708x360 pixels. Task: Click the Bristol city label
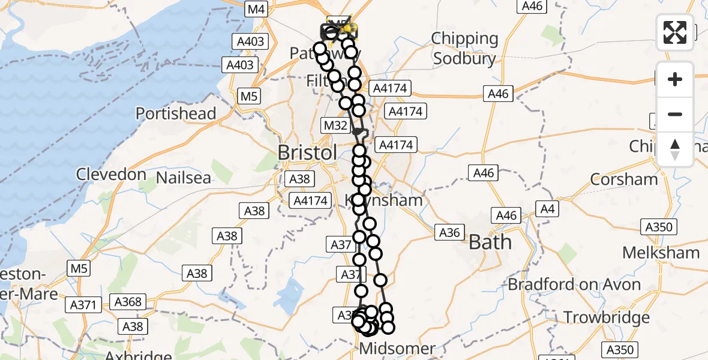[x=307, y=152]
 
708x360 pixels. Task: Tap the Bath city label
[x=490, y=242]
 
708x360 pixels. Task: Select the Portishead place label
[x=175, y=113]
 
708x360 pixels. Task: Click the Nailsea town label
[x=184, y=178]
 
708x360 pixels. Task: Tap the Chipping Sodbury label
[x=465, y=49]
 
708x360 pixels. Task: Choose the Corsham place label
[x=624, y=179]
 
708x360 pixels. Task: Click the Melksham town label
[x=661, y=253]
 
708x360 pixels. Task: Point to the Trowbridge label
[x=607, y=317]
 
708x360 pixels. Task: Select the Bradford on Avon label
[x=574, y=284]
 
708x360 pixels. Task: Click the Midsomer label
[x=397, y=349]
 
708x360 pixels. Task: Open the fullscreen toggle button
[x=675, y=32]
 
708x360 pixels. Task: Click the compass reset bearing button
[x=675, y=149]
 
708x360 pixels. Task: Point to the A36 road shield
[x=449, y=233]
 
